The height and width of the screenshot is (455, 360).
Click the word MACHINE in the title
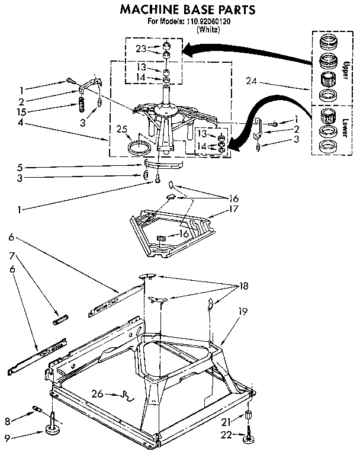151,9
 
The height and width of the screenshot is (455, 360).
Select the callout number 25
122,129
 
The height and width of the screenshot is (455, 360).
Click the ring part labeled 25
139,145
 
